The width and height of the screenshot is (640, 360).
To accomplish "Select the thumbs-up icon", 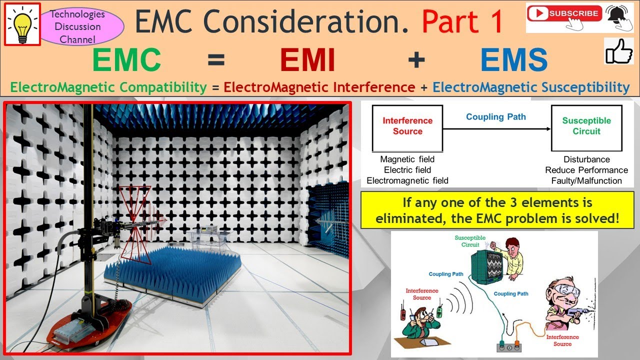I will coord(618,51).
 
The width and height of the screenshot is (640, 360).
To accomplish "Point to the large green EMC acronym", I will coord(126,60).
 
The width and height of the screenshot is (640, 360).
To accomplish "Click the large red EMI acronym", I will coord(307,60).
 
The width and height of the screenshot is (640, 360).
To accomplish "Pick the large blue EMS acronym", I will coord(513,60).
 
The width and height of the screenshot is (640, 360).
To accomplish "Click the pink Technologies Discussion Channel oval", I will coord(77,26).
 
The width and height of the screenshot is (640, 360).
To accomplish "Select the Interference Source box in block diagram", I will coord(407,128).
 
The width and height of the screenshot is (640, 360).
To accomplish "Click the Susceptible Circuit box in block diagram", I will coord(586,128).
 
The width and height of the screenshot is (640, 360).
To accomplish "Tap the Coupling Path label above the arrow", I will coord(495,117).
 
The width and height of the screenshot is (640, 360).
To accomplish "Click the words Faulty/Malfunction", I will coord(586,180).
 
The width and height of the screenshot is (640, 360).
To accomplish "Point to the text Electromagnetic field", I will coord(407,180).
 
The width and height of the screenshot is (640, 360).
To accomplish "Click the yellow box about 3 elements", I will coord(497,210).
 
